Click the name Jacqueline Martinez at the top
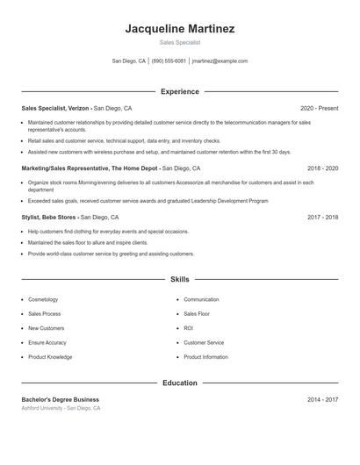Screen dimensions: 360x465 [x=180, y=28]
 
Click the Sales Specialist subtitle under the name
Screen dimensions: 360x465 [x=180, y=42]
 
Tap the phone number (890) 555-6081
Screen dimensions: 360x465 [x=169, y=61]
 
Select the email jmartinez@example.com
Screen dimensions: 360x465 [x=220, y=61]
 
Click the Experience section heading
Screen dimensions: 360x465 [x=180, y=91]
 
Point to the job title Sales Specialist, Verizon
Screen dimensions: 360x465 [x=54, y=108]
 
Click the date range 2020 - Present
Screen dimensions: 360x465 [x=319, y=108]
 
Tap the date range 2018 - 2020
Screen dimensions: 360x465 [x=323, y=168]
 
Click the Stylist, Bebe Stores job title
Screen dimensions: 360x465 [x=50, y=216]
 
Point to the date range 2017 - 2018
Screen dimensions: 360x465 [x=323, y=216]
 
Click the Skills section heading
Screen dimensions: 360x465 [x=180, y=280]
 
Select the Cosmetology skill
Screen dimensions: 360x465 [x=43, y=299]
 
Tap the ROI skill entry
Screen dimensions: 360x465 [x=189, y=328]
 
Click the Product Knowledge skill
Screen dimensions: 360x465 [x=50, y=357]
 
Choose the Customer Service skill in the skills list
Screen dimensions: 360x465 [x=204, y=342]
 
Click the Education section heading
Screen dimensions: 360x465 [x=180, y=383]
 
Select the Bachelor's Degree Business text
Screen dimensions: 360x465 [x=61, y=399]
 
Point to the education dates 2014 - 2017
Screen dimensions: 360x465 [x=323, y=399]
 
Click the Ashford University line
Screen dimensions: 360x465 [x=61, y=408]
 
